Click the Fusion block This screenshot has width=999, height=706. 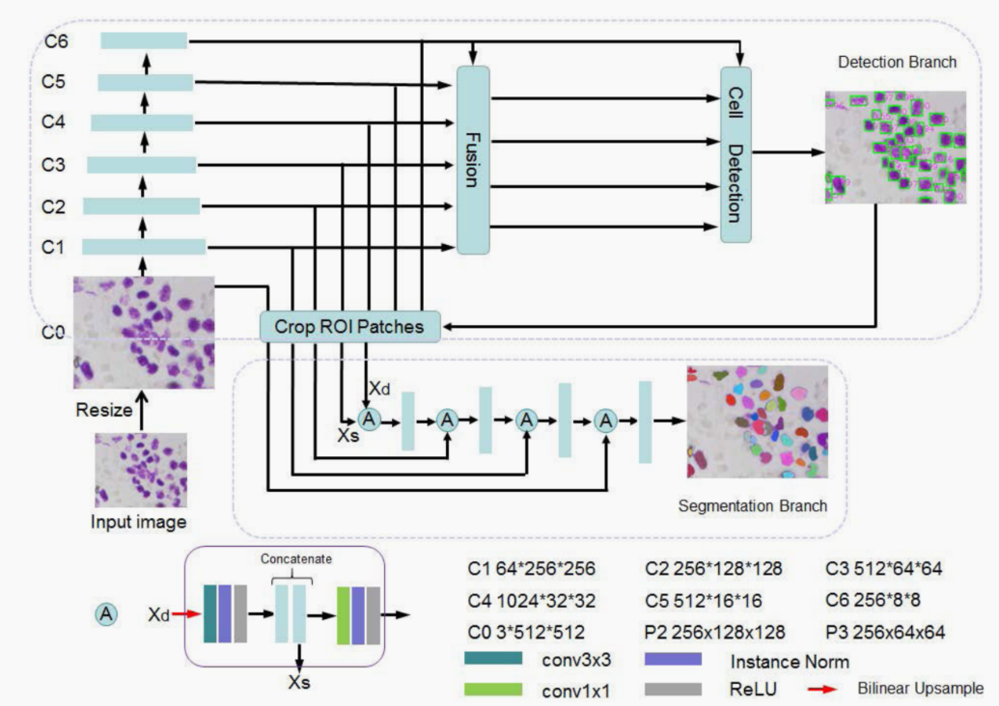pyautogui.click(x=473, y=160)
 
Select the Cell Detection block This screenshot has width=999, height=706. pyautogui.click(x=735, y=155)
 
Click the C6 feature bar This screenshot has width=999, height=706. pyautogui.click(x=144, y=40)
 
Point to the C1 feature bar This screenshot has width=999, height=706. pyautogui.click(x=144, y=247)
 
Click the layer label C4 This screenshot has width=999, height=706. pyautogui.click(x=53, y=122)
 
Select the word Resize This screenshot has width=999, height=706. pyautogui.click(x=103, y=410)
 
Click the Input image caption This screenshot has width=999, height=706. pyautogui.click(x=138, y=522)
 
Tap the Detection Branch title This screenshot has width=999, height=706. pyautogui.click(x=897, y=63)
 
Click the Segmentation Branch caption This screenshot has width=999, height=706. pyautogui.click(x=753, y=505)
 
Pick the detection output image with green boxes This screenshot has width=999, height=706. pyautogui.click(x=895, y=147)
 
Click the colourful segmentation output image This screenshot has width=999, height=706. pyautogui.click(x=757, y=421)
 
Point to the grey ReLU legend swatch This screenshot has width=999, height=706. pyautogui.click(x=672, y=690)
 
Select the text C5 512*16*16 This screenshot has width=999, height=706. pyautogui.click(x=704, y=601)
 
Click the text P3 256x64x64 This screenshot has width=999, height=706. pyautogui.click(x=885, y=633)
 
